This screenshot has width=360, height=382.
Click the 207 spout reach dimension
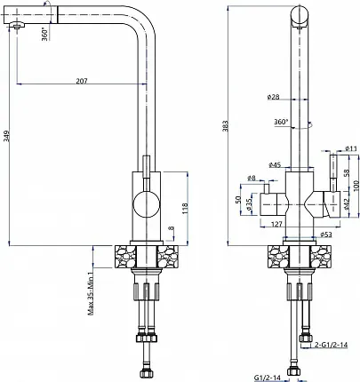(82, 81)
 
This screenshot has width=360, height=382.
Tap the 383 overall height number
(226, 126)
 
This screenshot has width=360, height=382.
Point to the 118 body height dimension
(185, 208)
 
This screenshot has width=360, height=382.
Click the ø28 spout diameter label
(273, 97)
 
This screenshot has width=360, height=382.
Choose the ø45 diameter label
(275, 165)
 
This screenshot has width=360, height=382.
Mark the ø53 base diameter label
(326, 235)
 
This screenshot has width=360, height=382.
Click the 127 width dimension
(276, 224)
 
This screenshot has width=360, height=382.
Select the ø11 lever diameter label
(351, 148)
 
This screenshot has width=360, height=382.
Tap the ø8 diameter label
(252, 178)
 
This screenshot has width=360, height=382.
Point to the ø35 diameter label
(249, 204)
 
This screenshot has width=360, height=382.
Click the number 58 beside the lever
(347, 171)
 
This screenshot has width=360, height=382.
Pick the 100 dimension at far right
(356, 186)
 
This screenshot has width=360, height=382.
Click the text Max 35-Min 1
(91, 291)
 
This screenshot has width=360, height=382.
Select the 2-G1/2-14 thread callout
(332, 345)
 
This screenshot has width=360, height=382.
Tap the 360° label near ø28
(281, 122)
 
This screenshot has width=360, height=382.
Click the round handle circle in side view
(147, 204)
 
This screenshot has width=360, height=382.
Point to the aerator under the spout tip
(17, 26)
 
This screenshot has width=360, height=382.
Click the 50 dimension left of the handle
(238, 200)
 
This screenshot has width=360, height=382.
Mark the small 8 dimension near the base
(172, 228)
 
